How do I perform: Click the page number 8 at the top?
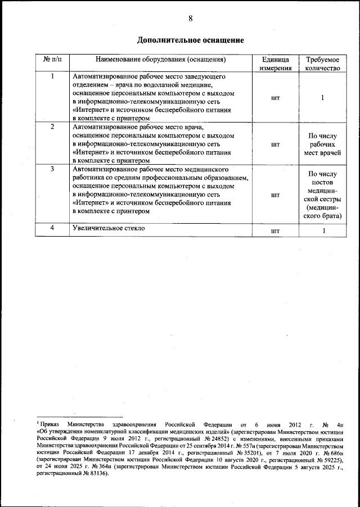(x=190, y=18)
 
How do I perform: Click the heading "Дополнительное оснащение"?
(x=191, y=40)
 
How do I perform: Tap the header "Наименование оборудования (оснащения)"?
(x=160, y=59)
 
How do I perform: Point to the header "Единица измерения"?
(x=276, y=64)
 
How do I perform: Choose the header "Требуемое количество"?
(x=323, y=64)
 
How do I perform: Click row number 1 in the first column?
(x=53, y=76)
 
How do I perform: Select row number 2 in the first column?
(x=53, y=127)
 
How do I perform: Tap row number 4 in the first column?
(x=53, y=228)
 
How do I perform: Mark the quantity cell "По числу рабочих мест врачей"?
(x=323, y=144)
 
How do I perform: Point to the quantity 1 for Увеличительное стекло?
(x=323, y=230)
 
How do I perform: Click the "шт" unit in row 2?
(x=276, y=144)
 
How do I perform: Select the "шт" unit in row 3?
(x=276, y=195)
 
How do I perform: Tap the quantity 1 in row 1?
(x=323, y=97)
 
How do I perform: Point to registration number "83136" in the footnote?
(x=95, y=473)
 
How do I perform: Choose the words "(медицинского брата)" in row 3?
(x=323, y=212)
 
